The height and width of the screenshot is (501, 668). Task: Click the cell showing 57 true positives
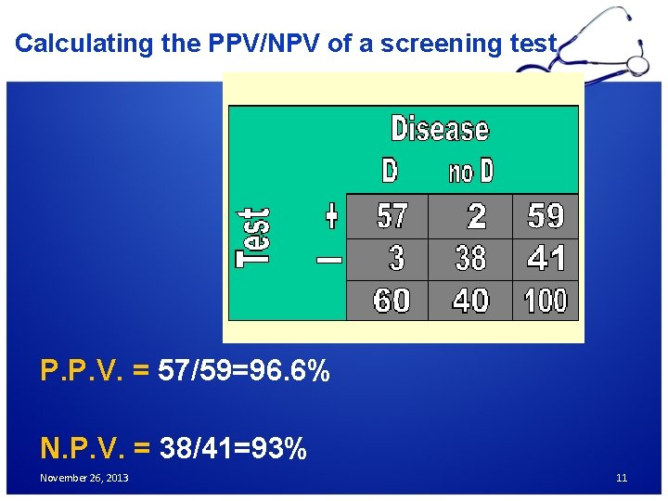click(392, 216)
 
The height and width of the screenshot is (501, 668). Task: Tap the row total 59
click(546, 216)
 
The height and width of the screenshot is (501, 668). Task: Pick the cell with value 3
click(396, 259)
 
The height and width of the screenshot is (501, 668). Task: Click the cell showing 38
click(470, 259)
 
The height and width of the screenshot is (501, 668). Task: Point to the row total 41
click(546, 259)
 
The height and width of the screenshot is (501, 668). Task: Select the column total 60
click(392, 301)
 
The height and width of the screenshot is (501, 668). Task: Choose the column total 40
click(470, 301)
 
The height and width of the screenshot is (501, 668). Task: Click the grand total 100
click(546, 301)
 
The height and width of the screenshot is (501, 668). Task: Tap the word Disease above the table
click(440, 128)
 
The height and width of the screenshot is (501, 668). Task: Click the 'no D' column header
click(471, 172)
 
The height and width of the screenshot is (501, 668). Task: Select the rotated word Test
click(252, 238)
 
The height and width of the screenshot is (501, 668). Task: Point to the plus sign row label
click(330, 216)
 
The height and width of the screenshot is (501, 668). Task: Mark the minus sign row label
click(329, 260)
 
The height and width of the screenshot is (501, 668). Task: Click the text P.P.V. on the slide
click(83, 371)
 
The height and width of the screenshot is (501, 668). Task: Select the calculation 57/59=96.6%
click(244, 371)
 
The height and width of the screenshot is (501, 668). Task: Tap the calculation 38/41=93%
click(233, 449)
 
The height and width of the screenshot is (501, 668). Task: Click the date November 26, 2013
click(84, 478)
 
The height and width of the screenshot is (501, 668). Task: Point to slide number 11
click(622, 478)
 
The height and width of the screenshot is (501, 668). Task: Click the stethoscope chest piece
click(638, 65)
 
